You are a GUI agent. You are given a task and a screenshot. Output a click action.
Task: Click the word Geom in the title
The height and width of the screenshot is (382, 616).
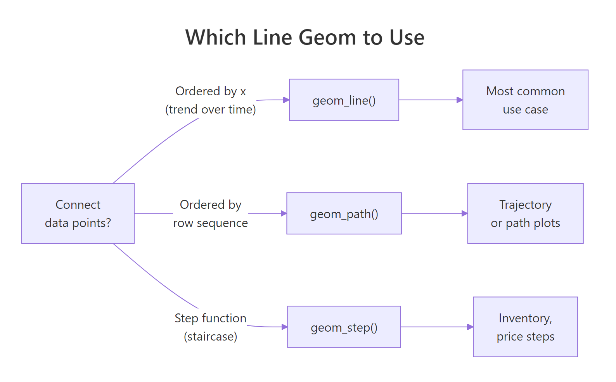[x=327, y=38]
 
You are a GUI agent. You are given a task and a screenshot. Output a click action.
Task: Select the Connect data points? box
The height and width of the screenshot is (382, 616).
[x=78, y=213]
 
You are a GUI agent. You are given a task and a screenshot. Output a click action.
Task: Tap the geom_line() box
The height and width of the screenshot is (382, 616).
[x=344, y=100]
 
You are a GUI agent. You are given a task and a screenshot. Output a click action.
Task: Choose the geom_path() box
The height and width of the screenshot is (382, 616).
[x=344, y=213]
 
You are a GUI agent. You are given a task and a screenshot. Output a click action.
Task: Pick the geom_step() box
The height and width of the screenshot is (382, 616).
[x=344, y=327]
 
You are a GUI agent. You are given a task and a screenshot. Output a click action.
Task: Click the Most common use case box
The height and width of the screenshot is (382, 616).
[x=525, y=100]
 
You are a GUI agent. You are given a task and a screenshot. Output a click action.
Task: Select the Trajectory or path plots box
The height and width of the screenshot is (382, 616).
[x=525, y=213]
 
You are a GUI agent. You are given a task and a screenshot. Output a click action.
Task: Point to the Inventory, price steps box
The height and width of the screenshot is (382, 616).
[x=525, y=327]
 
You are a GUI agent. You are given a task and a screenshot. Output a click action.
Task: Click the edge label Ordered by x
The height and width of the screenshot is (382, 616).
[x=211, y=91]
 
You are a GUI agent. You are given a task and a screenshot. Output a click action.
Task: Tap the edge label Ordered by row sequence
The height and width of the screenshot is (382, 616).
[x=211, y=213]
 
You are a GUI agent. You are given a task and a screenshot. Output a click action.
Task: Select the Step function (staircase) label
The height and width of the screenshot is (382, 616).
[x=211, y=327]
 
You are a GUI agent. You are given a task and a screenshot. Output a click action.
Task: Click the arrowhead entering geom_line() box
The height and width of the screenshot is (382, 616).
[x=286, y=100]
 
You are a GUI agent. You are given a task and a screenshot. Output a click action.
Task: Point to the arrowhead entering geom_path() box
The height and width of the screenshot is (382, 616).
[x=284, y=213]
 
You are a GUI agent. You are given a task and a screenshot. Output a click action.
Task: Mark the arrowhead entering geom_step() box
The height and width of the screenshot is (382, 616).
[x=284, y=327]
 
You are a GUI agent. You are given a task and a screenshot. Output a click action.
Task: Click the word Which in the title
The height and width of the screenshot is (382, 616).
[x=216, y=38]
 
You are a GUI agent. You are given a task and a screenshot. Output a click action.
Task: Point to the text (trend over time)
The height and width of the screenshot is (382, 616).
[x=211, y=110]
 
